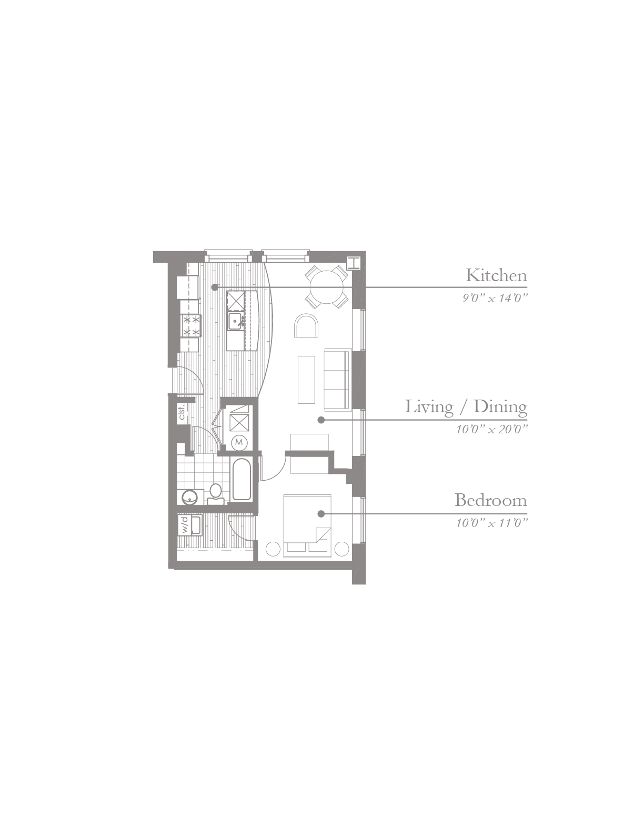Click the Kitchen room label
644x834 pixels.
pos(496,275)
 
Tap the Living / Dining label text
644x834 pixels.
pos(466,407)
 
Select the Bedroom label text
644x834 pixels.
pos(491,501)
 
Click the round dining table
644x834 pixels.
pos(327,287)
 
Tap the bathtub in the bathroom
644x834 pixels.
pos(241,480)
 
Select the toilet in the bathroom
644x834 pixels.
pos(216,494)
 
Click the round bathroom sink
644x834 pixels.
pos(189,497)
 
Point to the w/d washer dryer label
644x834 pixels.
pos(185,525)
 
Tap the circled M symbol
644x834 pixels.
pos(239,442)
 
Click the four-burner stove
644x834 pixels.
pos(190,325)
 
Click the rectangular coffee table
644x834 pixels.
pos(306,380)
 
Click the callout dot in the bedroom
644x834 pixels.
pos(321,513)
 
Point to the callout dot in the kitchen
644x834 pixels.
pos(215,287)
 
